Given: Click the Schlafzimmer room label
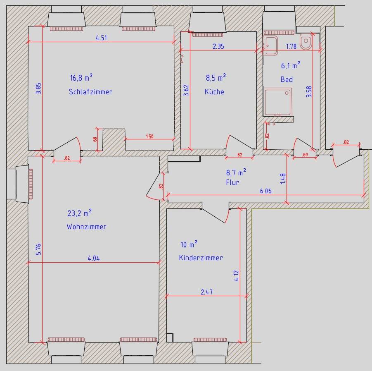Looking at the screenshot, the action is point(90,92).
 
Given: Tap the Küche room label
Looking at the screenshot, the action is point(214,91).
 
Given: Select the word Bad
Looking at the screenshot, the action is point(287,79).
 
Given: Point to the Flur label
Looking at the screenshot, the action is point(232,182).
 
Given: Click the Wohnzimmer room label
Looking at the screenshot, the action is point(86,227).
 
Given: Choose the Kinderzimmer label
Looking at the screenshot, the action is point(201,258).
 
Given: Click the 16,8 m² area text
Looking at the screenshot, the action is point(81,77).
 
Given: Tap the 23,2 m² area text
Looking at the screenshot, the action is point(80,213).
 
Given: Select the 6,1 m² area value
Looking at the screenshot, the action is point(291,65).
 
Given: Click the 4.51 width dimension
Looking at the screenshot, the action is point(101,38).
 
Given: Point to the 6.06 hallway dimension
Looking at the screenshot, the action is point(266,191).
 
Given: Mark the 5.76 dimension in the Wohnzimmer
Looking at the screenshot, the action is point(38,249).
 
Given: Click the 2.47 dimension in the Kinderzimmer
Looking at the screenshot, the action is point(206,292).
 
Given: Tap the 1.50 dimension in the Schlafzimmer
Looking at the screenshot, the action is point(150,136).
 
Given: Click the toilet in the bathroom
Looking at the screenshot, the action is point(306,42).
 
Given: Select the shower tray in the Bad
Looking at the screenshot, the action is point(277,102).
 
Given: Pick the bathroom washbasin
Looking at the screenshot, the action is point(270,45).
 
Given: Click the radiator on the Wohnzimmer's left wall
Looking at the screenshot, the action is point(31,184).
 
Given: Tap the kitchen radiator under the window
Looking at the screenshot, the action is point(208,35).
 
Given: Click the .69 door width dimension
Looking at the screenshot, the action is point(305,155).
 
